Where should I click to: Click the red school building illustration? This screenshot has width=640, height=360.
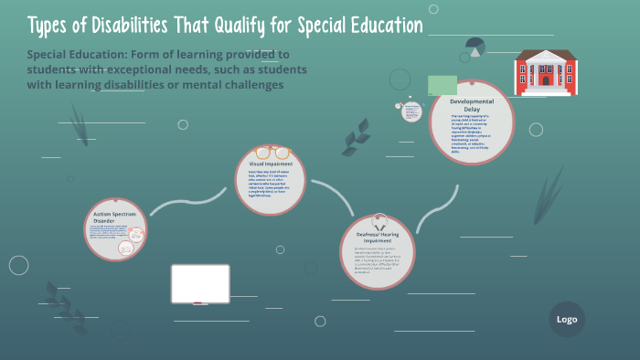click(547, 70)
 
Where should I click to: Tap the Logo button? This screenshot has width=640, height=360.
click(567, 319)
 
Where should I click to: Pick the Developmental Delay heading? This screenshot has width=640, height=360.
click(472, 104)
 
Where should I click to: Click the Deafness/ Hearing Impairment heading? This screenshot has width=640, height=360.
click(378, 237)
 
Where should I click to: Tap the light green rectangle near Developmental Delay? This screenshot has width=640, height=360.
click(443, 86)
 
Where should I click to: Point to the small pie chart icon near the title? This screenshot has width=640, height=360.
click(475, 45)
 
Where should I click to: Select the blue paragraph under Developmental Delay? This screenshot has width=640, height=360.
click(471, 132)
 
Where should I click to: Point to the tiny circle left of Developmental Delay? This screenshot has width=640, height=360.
click(411, 110)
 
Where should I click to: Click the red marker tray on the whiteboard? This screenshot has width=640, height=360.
click(199, 302)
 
